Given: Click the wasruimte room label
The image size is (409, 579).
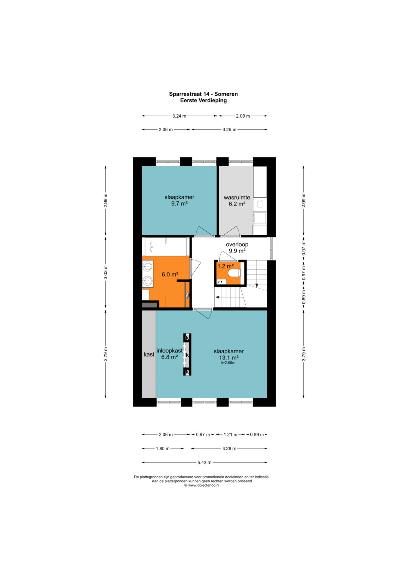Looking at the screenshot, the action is click(237, 198).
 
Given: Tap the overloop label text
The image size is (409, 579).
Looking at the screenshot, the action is click(237, 245).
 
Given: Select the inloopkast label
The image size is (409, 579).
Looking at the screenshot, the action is click(169, 351).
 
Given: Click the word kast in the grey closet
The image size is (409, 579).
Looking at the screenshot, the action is click(149, 355).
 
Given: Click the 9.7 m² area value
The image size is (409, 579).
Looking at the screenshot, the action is click(179, 203).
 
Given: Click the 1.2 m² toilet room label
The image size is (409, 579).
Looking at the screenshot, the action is click(225, 266).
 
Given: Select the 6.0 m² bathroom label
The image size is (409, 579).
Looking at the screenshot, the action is click(170, 275).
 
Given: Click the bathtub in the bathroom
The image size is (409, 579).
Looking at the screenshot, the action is click(165, 246).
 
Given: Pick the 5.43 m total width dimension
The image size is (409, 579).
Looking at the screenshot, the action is click(204, 463).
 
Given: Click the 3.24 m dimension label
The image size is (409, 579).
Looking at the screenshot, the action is click(179, 116).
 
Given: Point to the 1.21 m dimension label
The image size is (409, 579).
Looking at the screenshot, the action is click(230, 435).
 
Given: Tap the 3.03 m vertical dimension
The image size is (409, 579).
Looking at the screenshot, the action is click(106, 273).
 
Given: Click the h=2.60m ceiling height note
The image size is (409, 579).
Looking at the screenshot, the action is click(228, 363).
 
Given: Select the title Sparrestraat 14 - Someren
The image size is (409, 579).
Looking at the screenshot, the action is click(203, 94).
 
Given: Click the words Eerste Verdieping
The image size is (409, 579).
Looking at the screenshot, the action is click(203, 100).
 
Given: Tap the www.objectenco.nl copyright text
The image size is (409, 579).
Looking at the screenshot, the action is click(201, 485).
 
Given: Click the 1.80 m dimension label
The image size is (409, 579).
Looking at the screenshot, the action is click(163, 449).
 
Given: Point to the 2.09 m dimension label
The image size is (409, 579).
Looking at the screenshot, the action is click(243, 116).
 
